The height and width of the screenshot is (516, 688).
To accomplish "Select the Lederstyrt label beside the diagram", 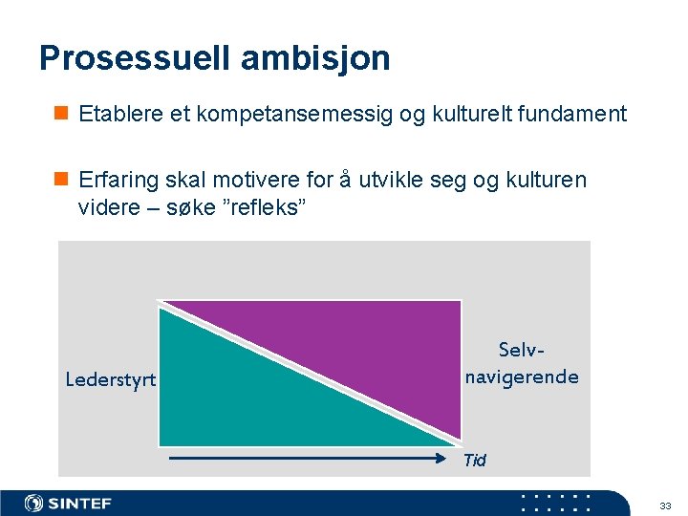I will tap(110, 379).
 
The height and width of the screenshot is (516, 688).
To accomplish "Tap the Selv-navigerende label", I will tap(522, 364).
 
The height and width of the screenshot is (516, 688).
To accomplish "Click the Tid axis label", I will tap(474, 461).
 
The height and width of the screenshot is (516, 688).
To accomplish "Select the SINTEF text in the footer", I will tap(80, 504).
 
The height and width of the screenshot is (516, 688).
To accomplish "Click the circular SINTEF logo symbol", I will tap(34, 504).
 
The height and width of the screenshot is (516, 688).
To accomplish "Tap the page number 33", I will tap(665, 505).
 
